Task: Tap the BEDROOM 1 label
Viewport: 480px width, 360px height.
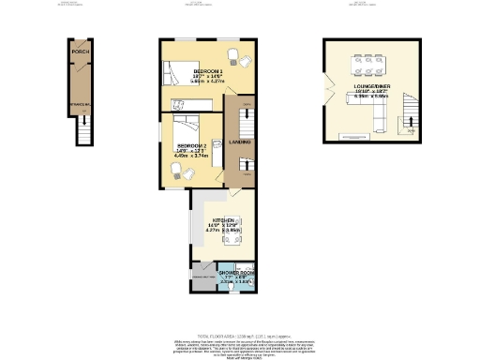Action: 207,72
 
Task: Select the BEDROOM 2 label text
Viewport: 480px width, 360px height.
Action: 190,147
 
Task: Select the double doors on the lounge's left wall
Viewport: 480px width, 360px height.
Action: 328,92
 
